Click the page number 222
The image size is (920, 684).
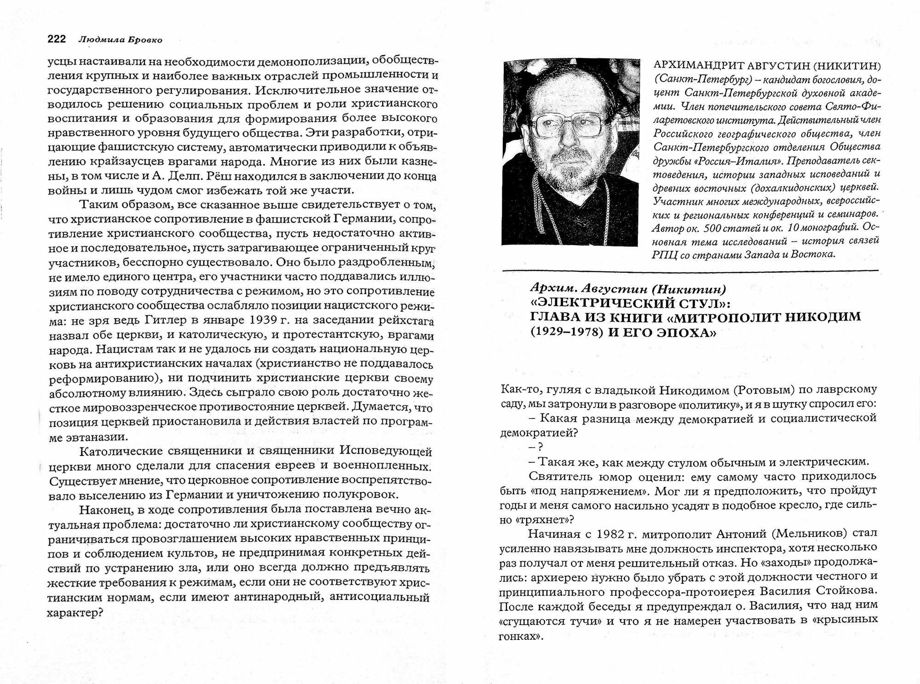57,40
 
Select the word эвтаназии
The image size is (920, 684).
88,437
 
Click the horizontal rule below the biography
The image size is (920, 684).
690,270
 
